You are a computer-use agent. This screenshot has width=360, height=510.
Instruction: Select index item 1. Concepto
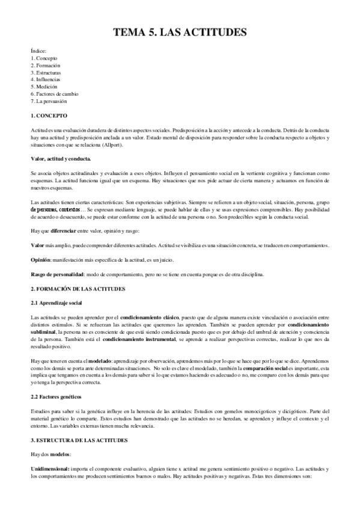(44, 58)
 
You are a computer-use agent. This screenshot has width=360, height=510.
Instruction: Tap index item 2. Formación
(45, 65)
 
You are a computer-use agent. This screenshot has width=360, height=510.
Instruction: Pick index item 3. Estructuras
(46, 72)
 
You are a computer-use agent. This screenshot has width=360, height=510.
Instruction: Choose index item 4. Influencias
(46, 79)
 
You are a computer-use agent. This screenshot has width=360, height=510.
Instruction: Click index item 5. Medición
(44, 87)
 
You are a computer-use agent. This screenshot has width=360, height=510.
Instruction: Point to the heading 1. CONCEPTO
(49, 115)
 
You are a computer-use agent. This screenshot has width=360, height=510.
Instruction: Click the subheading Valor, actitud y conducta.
(61, 159)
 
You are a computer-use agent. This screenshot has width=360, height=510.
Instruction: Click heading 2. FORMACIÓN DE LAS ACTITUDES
(78, 289)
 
